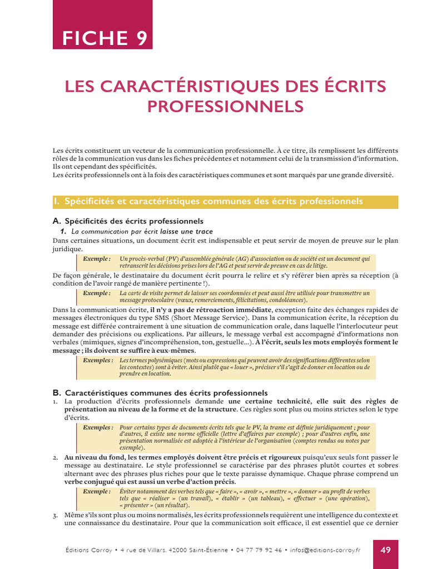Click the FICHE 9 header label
[x=105, y=38]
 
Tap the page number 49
[x=385, y=550]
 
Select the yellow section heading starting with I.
[x=225, y=201]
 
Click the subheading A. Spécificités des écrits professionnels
[x=128, y=221]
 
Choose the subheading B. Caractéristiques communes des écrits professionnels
[x=160, y=392]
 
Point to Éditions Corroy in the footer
[x=85, y=550]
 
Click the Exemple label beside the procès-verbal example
[x=97, y=259]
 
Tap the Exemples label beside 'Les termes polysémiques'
[x=98, y=360]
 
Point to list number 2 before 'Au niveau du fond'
[x=56, y=457]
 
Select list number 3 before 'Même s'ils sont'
[x=56, y=515]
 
